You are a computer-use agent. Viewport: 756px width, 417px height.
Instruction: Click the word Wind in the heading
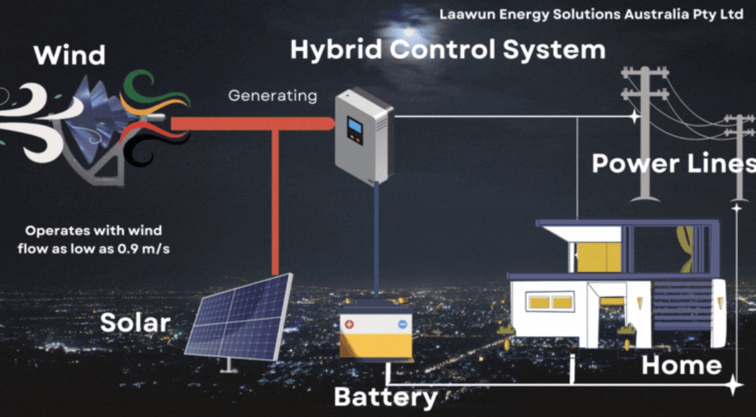pos(69,54)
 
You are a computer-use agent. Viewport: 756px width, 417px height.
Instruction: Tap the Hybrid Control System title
pos(447,49)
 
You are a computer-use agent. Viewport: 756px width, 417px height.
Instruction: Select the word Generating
pos(272,95)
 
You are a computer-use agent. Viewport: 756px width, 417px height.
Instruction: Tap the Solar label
pos(135,323)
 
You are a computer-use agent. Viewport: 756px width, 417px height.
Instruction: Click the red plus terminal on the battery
pos(349,324)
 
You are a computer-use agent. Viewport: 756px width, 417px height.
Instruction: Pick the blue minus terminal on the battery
pos(402,324)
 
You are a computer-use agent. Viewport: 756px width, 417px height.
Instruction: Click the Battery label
pos(385,397)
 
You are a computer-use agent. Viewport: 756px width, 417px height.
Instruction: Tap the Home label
pos(681,365)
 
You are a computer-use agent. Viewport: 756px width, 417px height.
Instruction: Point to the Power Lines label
pos(673,163)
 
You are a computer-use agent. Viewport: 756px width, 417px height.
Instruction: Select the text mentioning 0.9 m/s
pos(93,240)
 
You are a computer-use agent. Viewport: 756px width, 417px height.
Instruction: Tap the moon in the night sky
pos(408,31)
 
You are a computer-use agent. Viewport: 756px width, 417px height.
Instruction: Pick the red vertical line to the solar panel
pos(275,205)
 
